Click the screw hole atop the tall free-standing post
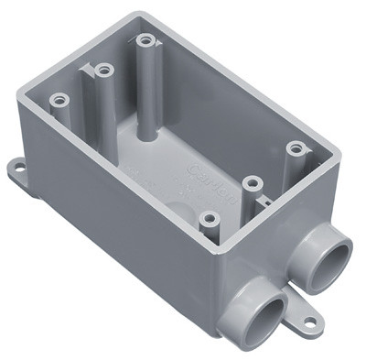pos(145,40)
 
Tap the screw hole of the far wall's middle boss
pos(103,70)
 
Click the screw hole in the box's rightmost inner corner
pos(294,147)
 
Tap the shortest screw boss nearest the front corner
pos(210,219)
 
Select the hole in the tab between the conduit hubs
pos(310,322)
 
